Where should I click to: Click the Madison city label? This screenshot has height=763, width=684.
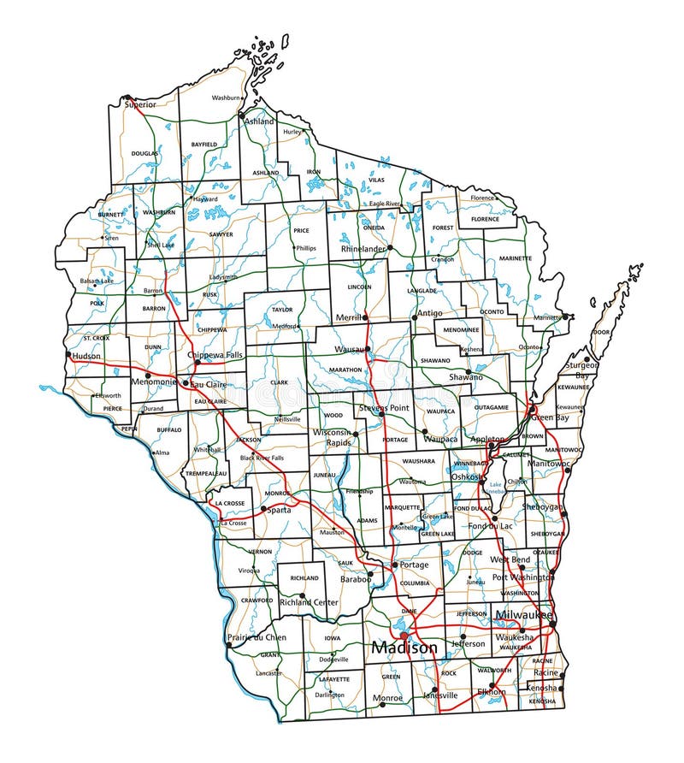coord(404,649)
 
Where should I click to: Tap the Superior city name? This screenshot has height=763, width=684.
coord(140,104)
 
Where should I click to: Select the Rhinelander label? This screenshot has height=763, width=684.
coord(363,249)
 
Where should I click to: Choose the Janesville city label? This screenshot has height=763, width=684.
coord(440,695)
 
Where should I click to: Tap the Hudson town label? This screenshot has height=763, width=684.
coord(86,355)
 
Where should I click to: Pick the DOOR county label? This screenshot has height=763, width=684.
coord(601,332)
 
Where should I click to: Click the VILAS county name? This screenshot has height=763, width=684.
coord(376,180)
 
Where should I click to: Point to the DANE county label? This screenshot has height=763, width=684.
coord(409,611)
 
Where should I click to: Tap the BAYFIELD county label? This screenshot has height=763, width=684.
coord(204,145)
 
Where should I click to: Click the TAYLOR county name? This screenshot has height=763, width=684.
coord(282,309)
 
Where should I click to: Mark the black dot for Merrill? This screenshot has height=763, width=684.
coord(365,317)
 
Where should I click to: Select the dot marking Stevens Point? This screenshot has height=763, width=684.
coord(382,414)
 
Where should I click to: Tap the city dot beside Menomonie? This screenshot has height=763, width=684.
coord(148,375)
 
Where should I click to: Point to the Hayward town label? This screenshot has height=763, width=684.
coord(205,198)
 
